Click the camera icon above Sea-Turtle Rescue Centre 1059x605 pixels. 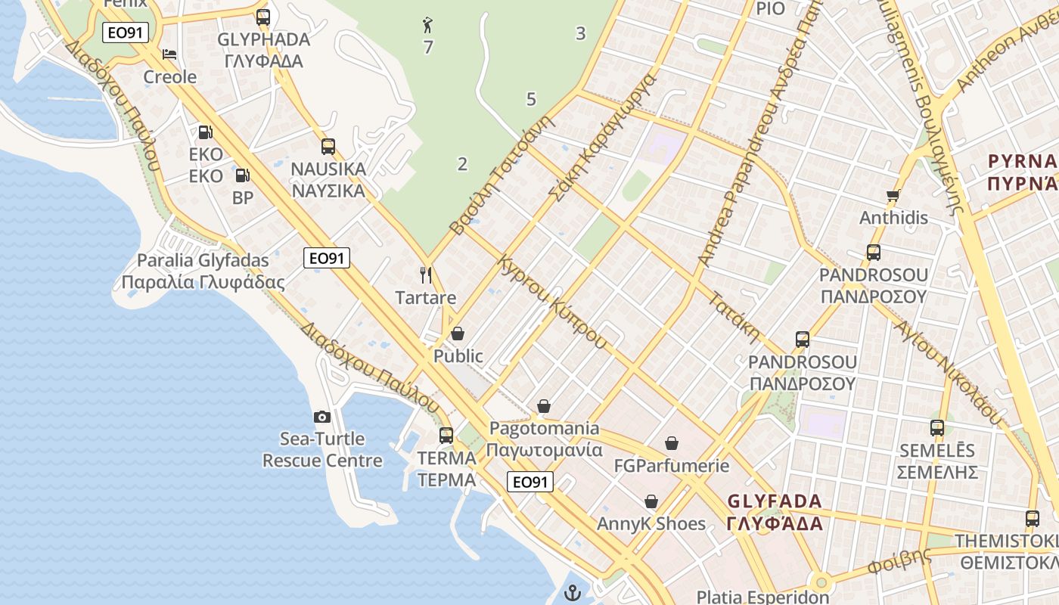[x=322, y=417]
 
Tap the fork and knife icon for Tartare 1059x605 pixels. [x=426, y=275]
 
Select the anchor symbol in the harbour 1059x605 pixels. [x=573, y=592]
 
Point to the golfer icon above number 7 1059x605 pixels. [x=428, y=25]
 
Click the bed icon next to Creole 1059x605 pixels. [x=170, y=54]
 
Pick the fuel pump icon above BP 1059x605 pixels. [x=242, y=175]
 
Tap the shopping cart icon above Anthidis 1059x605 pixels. [x=893, y=196]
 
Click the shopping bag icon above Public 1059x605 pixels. [x=458, y=334]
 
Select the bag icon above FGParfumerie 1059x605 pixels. [x=672, y=443]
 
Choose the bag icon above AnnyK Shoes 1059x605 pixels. [x=651, y=501]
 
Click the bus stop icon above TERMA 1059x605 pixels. [x=446, y=435]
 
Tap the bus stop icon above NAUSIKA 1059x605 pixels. [x=328, y=146]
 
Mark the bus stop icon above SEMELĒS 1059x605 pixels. [x=937, y=428]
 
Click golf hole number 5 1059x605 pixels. [x=531, y=99]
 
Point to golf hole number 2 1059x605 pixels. [x=462, y=164]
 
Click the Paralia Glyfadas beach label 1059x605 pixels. [x=203, y=271]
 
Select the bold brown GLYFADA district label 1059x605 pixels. [x=775, y=512]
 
